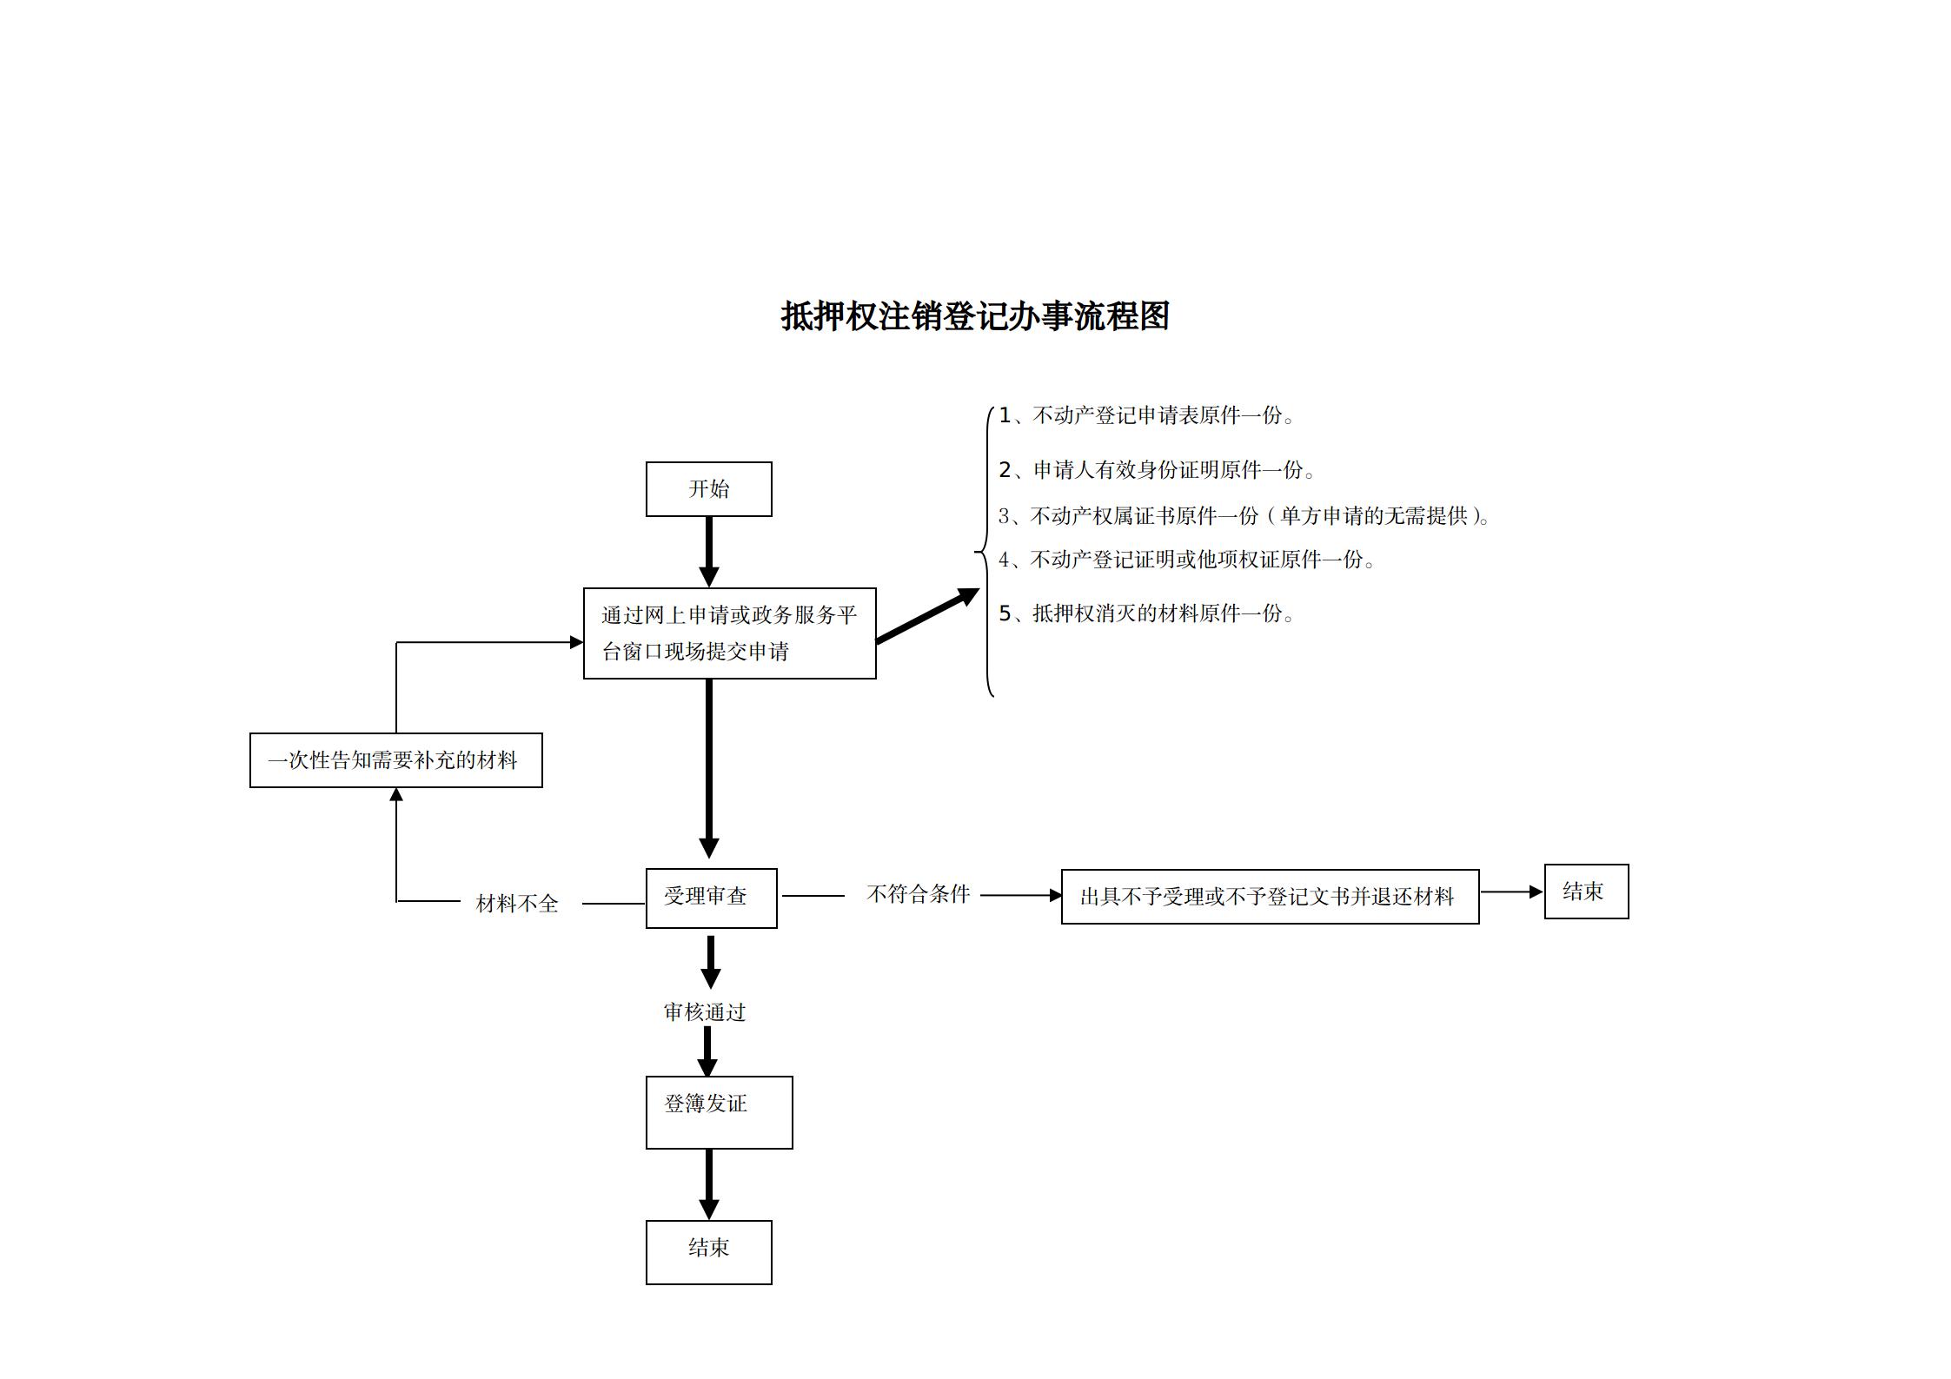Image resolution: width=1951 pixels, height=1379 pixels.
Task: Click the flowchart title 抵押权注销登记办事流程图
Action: coord(974,316)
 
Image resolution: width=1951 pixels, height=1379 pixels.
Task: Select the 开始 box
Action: coord(708,489)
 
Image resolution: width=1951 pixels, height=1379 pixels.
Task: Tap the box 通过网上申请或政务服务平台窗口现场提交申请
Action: coord(729,633)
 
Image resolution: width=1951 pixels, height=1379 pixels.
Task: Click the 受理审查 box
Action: coord(711,898)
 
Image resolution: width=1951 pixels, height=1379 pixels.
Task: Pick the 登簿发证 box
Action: coord(719,1112)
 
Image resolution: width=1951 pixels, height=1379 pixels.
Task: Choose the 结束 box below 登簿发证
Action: coord(708,1251)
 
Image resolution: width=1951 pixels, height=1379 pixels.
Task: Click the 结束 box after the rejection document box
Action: coord(1585,892)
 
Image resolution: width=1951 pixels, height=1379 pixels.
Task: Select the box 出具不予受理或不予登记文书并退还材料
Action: coord(1269,897)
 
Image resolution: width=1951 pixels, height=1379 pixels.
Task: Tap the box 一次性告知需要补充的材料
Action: coord(395,760)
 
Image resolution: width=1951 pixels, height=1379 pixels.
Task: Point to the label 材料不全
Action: coord(517,904)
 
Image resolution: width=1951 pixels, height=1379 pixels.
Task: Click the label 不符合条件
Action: coord(918,894)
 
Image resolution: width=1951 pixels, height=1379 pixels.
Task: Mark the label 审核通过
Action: coord(705,1012)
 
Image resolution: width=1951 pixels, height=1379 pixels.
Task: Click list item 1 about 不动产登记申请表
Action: coord(1146,416)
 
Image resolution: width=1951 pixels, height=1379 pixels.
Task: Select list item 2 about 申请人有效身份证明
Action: coord(1157,470)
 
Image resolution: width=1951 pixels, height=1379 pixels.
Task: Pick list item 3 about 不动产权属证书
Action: coord(1244,516)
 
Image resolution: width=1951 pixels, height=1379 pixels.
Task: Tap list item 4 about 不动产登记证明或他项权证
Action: coord(1186,560)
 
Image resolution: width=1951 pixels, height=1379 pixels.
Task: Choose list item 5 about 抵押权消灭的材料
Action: coord(1146,613)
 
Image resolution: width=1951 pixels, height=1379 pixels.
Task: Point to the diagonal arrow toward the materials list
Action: coord(926,616)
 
